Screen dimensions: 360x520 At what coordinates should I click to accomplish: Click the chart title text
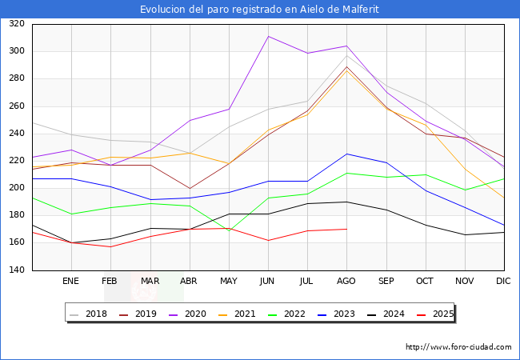click(x=259, y=10)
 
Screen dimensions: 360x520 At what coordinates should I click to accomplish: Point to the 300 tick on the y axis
click(x=17, y=51)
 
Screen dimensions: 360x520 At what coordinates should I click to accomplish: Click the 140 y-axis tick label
click(x=17, y=270)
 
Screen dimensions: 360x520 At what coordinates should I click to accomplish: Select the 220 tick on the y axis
click(x=17, y=161)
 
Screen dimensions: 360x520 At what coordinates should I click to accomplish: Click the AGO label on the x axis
click(x=346, y=282)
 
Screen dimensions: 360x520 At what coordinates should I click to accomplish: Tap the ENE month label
click(x=71, y=282)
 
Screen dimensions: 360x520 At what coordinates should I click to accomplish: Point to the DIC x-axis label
click(x=503, y=282)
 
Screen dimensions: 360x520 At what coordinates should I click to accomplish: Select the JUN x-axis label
click(x=268, y=282)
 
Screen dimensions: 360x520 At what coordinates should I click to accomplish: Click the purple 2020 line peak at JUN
click(x=268, y=36)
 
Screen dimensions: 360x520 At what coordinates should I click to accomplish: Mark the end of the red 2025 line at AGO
click(x=346, y=229)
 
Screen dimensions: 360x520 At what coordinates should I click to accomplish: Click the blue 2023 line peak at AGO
click(x=346, y=154)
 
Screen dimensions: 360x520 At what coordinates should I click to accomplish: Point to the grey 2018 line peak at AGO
click(x=346, y=55)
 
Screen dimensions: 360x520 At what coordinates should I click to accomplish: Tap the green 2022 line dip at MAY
click(x=229, y=230)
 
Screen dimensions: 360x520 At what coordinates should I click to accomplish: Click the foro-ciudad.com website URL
click(x=458, y=347)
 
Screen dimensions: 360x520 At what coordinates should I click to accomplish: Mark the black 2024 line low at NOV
click(x=464, y=234)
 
